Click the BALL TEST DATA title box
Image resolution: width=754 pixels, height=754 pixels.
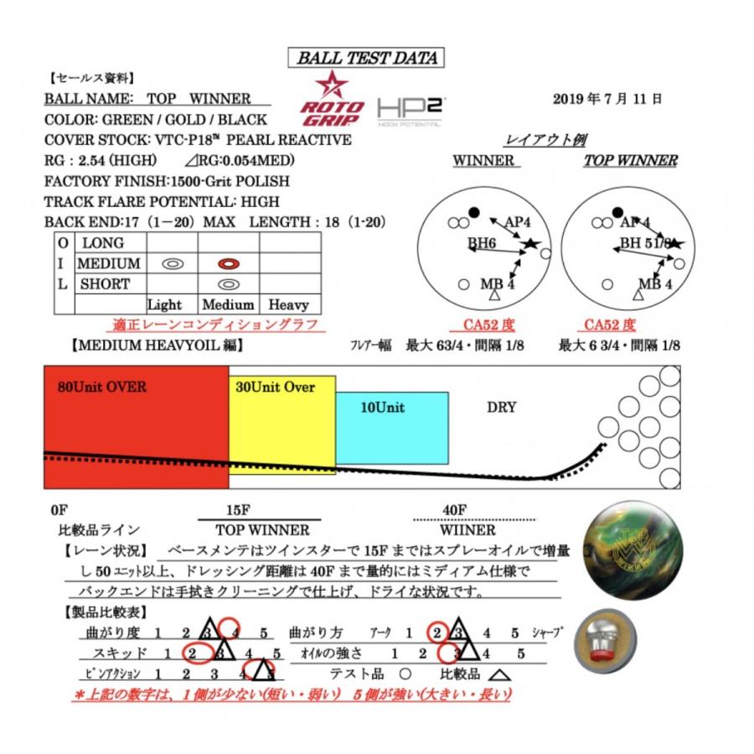(366, 58)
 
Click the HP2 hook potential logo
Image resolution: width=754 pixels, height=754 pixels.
(410, 111)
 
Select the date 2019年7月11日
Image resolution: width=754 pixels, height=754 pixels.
(607, 99)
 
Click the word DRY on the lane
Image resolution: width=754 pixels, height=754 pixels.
(501, 408)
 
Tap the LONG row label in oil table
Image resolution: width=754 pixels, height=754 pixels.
(102, 243)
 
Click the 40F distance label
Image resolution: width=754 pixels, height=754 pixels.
(454, 509)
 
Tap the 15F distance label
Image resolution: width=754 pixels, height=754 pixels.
(240, 509)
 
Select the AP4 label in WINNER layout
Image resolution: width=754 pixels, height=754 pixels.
(518, 223)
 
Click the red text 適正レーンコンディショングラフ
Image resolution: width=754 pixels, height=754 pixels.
(215, 325)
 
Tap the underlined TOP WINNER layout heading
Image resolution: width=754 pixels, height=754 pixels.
(630, 161)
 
